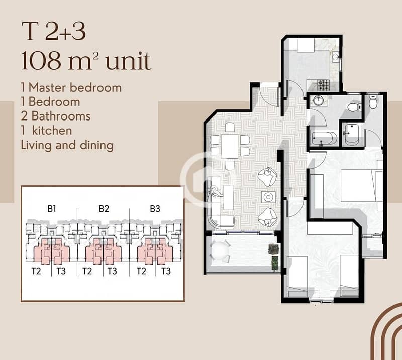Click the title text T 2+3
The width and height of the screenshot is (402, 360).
click(x=54, y=31)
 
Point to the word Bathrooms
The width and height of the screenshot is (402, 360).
click(x=61, y=116)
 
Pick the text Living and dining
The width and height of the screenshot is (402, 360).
click(x=67, y=145)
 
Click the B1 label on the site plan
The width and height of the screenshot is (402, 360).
click(x=52, y=209)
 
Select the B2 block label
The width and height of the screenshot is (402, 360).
click(x=104, y=209)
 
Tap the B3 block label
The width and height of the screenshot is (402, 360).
click(x=155, y=209)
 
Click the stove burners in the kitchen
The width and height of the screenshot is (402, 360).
click(x=323, y=85)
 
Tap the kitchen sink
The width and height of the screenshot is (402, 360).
click(x=335, y=57)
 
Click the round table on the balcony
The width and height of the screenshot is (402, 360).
click(x=220, y=249)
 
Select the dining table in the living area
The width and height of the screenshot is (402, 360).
click(x=230, y=146)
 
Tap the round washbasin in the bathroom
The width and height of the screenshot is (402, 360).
click(x=319, y=100)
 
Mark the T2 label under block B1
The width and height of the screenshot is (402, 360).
click(x=36, y=271)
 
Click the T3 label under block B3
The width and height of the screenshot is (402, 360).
click(x=166, y=271)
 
